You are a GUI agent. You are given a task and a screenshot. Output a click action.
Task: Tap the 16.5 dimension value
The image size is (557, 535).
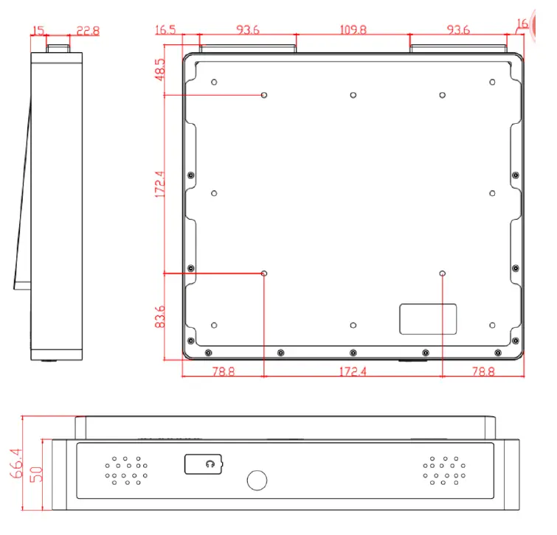pyautogui.click(x=167, y=30)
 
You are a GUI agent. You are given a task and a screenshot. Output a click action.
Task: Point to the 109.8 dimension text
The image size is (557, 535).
pyautogui.click(x=353, y=30)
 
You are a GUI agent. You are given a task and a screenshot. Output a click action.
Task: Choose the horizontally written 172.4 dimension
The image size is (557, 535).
pyautogui.click(x=353, y=371)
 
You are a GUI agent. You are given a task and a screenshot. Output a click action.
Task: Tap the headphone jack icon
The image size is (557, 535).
pyautogui.click(x=210, y=464)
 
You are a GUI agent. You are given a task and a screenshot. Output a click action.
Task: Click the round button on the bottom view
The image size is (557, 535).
pyautogui.click(x=257, y=480)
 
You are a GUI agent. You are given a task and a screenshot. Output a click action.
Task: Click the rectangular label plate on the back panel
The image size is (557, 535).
pyautogui.click(x=428, y=319)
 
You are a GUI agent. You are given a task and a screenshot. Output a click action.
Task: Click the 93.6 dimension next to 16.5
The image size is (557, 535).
pyautogui.click(x=248, y=30)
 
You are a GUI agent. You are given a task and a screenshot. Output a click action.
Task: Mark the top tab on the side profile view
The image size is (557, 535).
pyautogui.click(x=60, y=47)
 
